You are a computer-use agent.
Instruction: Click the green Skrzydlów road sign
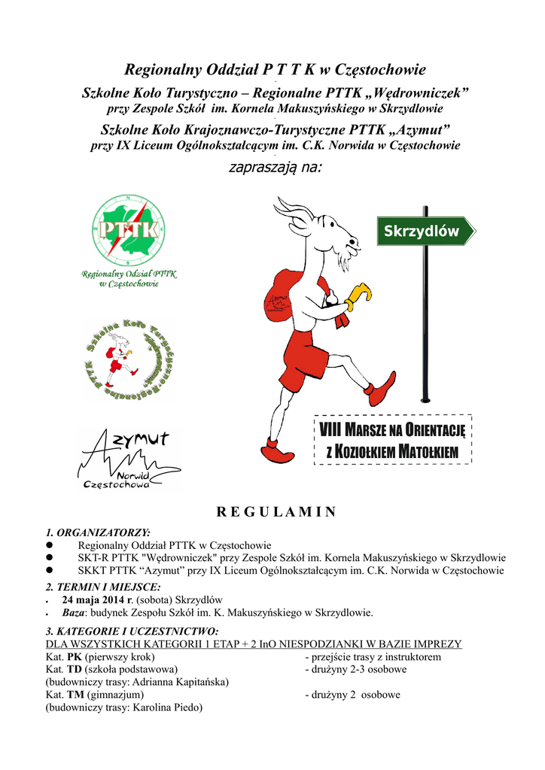point(425,232)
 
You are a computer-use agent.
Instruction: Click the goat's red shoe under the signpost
point(382,389)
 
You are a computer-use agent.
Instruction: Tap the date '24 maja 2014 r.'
point(97,599)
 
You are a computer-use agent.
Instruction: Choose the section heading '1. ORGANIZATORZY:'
point(98,532)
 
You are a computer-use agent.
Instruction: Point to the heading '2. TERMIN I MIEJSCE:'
point(103,587)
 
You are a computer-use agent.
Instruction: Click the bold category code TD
point(75,669)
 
